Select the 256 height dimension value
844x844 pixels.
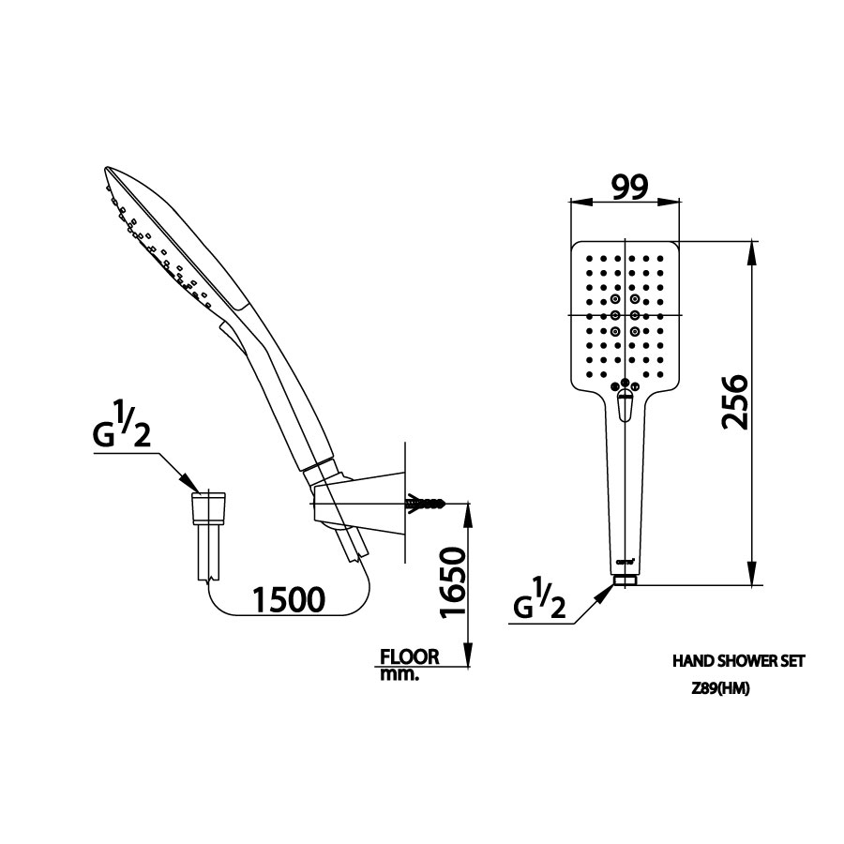[x=736, y=402]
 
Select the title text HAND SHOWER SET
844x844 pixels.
[x=738, y=661]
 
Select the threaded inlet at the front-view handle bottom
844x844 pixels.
[x=625, y=580]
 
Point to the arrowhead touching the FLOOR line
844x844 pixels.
[x=467, y=660]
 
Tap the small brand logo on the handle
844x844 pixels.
[x=626, y=564]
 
